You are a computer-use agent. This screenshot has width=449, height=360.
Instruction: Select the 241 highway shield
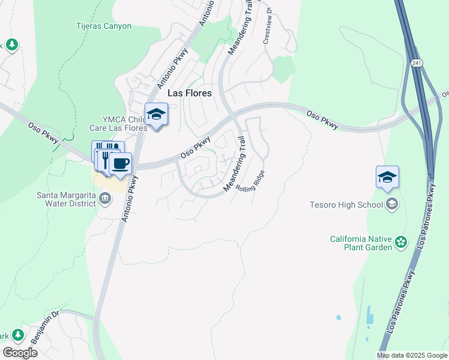tap(416, 63)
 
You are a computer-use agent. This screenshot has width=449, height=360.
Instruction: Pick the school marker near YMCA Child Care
tap(156, 114)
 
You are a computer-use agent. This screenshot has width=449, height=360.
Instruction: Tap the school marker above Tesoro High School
tap(387, 177)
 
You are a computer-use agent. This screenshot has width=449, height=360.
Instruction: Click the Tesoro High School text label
tap(346, 205)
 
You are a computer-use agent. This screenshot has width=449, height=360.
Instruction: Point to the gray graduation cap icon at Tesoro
tap(392, 205)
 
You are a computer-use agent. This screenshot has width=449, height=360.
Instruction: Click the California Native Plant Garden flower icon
tap(400, 243)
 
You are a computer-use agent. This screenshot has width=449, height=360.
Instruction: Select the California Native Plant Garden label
tap(361, 243)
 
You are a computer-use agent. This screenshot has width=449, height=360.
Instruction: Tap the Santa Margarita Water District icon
tap(105, 199)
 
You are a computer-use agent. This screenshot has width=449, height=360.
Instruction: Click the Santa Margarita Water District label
tap(66, 199)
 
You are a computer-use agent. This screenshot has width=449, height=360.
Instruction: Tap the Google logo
tap(20, 353)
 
